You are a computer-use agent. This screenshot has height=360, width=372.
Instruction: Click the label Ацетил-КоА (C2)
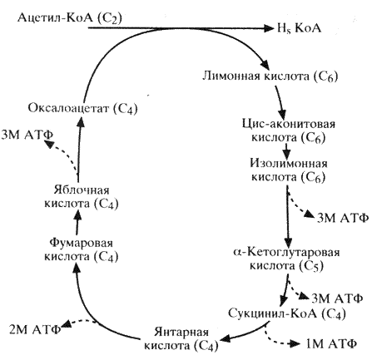70,18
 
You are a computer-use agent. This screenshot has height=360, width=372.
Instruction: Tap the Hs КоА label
299,28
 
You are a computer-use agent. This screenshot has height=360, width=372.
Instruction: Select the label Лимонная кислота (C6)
270,76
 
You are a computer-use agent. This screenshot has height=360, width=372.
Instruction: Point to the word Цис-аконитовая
289,124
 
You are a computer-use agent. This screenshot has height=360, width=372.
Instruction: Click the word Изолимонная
289,163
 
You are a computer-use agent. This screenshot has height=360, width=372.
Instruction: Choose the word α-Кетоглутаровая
286,252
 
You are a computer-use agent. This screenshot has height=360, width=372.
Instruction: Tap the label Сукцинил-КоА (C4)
287,313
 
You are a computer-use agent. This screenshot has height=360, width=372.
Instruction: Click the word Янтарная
181,332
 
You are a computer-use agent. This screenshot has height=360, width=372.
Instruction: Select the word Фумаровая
82,243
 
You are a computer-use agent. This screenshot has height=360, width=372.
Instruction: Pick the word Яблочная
82,190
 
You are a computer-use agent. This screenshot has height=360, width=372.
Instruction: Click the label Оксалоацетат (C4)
82,108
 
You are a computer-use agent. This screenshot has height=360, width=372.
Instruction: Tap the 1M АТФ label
331,344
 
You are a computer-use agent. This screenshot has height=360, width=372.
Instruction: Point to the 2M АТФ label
35,329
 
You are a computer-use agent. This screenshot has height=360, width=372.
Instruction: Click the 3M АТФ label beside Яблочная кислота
27,135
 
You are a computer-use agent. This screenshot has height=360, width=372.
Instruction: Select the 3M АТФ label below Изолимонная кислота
343,218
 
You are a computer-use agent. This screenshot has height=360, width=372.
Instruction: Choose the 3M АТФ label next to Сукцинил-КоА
337,298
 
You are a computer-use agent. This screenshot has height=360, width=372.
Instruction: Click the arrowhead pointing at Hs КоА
268,28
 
